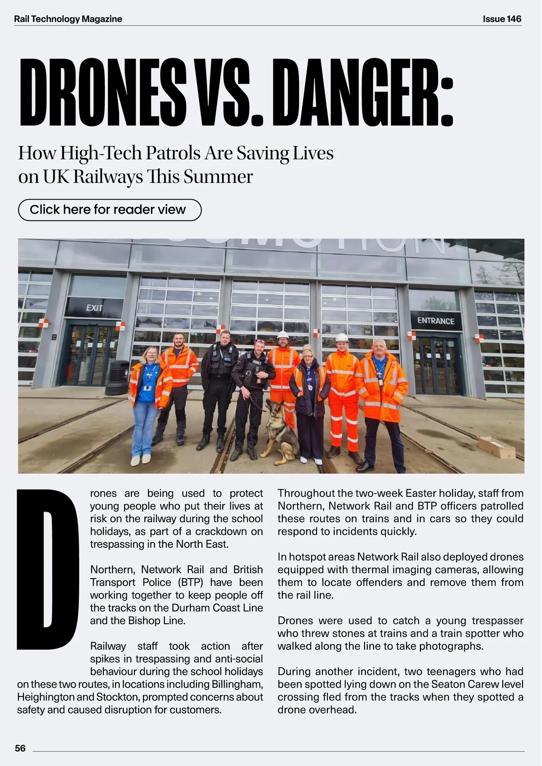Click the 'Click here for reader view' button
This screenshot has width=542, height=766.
pyautogui.click(x=109, y=210)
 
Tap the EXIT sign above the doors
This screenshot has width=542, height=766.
pyautogui.click(x=94, y=308)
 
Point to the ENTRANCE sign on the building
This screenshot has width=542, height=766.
pyautogui.click(x=435, y=321)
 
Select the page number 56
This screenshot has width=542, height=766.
pyautogui.click(x=20, y=748)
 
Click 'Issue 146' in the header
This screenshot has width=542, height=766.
pyautogui.click(x=502, y=19)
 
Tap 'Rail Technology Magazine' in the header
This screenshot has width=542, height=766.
pyautogui.click(x=68, y=19)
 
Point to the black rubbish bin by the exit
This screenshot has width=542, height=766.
pyautogui.click(x=117, y=378)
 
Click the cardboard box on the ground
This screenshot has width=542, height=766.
pyautogui.click(x=496, y=447)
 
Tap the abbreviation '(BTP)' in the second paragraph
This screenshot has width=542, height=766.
pyautogui.click(x=191, y=582)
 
